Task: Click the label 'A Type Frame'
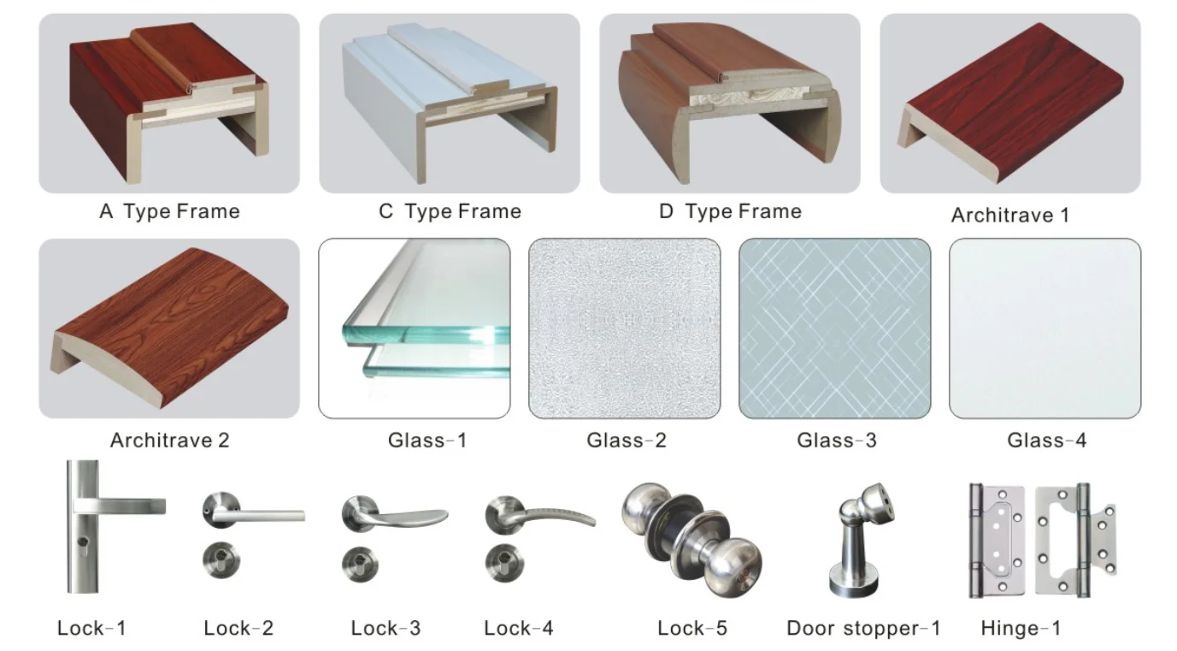tap(169, 211)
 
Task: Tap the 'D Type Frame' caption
tap(730, 211)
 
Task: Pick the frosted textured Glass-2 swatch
tap(624, 328)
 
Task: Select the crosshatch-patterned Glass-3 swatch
tap(834, 328)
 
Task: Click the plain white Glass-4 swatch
tap(1045, 328)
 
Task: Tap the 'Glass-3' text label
tap(836, 441)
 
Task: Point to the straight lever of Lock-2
tap(265, 515)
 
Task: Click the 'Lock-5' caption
tap(691, 629)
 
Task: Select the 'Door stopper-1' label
tap(863, 629)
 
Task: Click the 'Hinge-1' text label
tap(1021, 629)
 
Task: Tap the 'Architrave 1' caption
tap(1009, 215)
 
